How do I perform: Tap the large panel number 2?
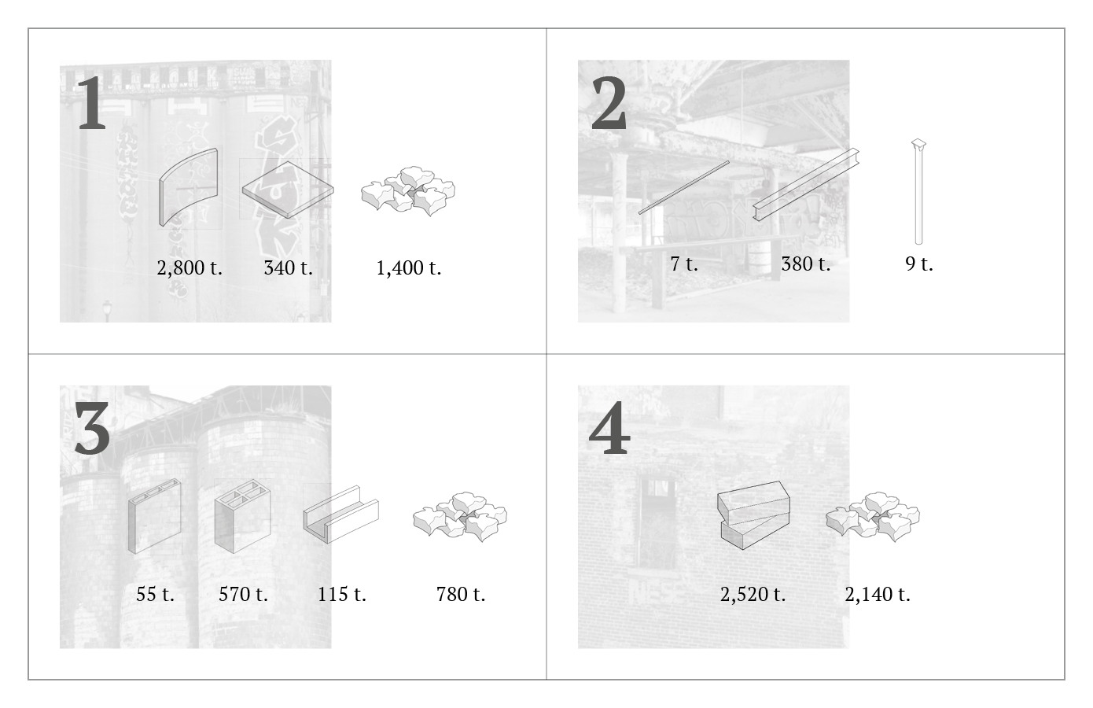pyautogui.click(x=609, y=104)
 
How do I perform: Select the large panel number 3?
pyautogui.click(x=92, y=429)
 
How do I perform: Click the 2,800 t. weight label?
pyautogui.click(x=190, y=268)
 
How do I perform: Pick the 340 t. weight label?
pyautogui.click(x=288, y=268)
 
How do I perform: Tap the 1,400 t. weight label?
pyautogui.click(x=408, y=268)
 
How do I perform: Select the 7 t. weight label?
pyautogui.click(x=684, y=264)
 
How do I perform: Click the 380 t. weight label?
pyautogui.click(x=806, y=264)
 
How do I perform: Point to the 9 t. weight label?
pyautogui.click(x=918, y=264)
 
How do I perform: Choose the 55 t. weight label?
pyautogui.click(x=155, y=594)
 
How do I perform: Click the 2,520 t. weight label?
pyautogui.click(x=753, y=594)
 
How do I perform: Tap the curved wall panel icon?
pyautogui.click(x=189, y=187)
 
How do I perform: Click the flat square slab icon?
pyautogui.click(x=288, y=190)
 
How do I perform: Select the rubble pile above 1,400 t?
pyautogui.click(x=408, y=190)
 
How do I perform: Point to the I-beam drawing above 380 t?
pyautogui.click(x=806, y=185)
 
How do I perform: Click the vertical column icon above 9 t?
pyautogui.click(x=918, y=192)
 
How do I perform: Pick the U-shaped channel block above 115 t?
pyautogui.click(x=341, y=514)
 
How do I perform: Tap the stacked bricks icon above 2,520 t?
pyautogui.click(x=753, y=515)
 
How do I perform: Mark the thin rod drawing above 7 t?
pyautogui.click(x=684, y=187)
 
